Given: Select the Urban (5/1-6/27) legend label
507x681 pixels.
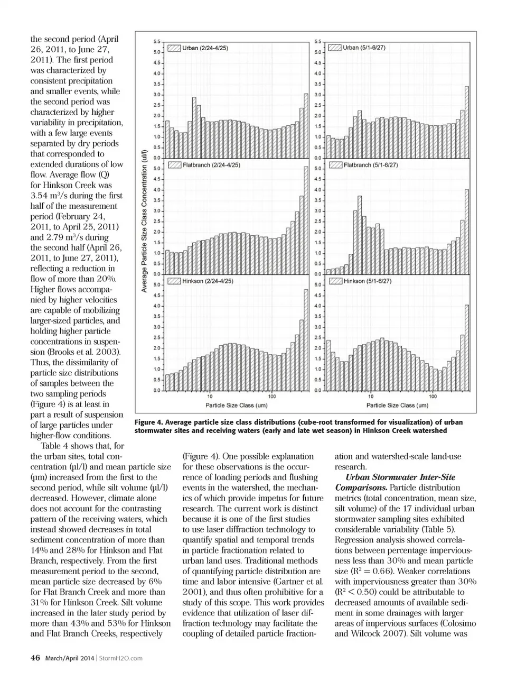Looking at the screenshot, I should click(x=364, y=48).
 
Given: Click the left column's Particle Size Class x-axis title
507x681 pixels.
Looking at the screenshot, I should click(x=236, y=406).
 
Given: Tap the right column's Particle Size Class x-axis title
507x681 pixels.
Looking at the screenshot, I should click(x=397, y=406).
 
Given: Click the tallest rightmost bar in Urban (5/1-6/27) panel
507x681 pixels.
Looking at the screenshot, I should click(x=467, y=122).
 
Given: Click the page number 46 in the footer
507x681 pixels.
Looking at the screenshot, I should click(x=35, y=658).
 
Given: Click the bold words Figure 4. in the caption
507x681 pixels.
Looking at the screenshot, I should click(x=149, y=422).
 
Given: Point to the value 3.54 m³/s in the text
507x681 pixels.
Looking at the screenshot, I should click(x=50, y=196).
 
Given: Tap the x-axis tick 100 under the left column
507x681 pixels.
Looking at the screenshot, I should click(x=271, y=397).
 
